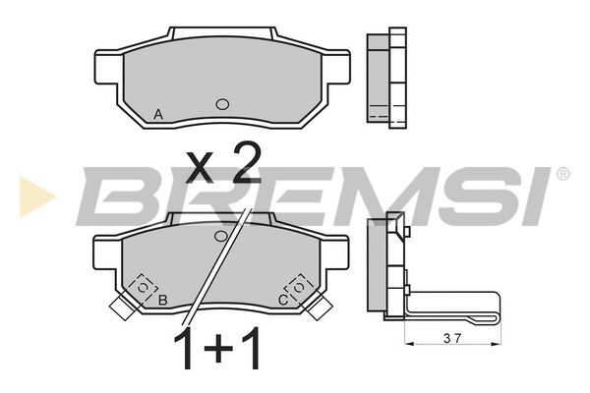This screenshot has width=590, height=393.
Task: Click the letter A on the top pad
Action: pyautogui.click(x=158, y=114)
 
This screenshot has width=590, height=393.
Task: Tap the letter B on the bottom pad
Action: pyautogui.click(x=162, y=300)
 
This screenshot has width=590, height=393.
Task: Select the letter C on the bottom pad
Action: pyautogui.click(x=283, y=300)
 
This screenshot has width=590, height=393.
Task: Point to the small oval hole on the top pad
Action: pyautogui.click(x=222, y=104)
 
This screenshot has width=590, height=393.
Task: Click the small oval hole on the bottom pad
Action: pyautogui.click(x=221, y=236)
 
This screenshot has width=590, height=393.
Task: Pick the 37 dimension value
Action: pyautogui.click(x=452, y=338)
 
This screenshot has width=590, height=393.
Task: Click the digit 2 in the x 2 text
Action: pyautogui.click(x=247, y=163)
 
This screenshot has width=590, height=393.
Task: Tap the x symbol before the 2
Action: pyautogui.click(x=199, y=169)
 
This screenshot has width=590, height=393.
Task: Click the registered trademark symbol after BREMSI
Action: pyautogui.click(x=562, y=174)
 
